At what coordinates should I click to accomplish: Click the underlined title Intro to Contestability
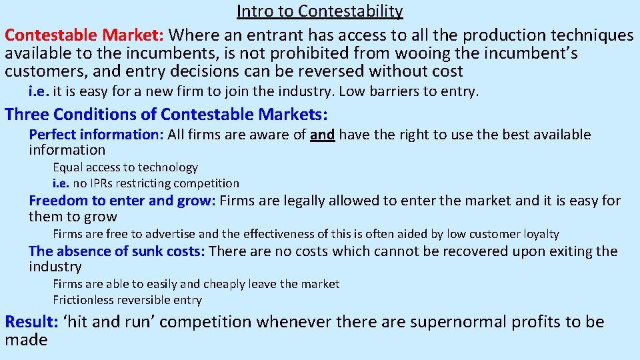320,11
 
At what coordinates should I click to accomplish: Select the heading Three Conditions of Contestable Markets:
167,114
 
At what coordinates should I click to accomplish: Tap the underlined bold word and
323,135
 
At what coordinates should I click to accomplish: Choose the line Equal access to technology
125,167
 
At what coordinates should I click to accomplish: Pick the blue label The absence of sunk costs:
117,251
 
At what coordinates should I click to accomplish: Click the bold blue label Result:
31,322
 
